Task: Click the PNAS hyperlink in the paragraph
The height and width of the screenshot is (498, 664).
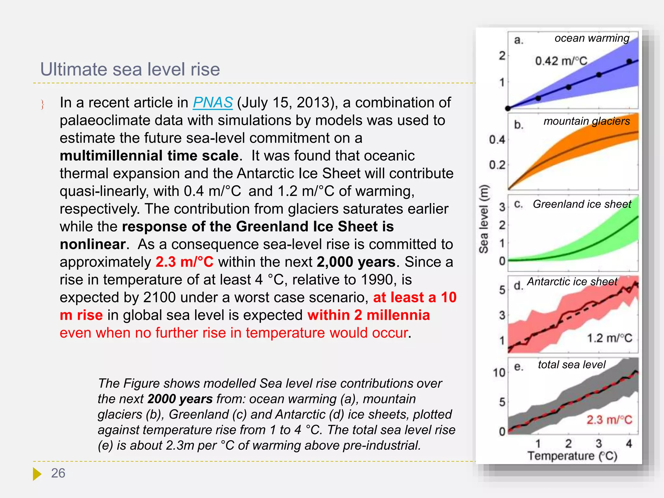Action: [213, 103]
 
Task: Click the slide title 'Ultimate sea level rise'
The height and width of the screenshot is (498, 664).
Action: [130, 69]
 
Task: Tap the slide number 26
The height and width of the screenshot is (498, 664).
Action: [58, 473]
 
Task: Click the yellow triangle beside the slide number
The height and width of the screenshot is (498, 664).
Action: [37, 474]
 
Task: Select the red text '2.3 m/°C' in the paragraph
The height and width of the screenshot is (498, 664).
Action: [184, 262]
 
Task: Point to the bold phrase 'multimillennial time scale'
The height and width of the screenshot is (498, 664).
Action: [149, 156]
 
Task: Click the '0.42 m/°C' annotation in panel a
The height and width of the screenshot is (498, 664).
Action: [561, 61]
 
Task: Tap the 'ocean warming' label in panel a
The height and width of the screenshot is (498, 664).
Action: [592, 38]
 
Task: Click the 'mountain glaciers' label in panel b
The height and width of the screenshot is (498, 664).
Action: [587, 121]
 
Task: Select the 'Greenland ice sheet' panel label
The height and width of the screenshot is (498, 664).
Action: [582, 204]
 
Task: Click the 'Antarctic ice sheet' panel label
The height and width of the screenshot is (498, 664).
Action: [572, 281]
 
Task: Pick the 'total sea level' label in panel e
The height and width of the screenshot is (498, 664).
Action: [572, 365]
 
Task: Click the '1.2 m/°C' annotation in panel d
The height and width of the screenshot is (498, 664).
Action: [610, 338]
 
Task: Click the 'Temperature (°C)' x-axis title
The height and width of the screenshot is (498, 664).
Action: [572, 456]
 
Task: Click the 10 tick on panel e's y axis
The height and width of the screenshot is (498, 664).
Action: [499, 373]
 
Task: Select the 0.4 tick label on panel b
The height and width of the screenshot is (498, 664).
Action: [497, 140]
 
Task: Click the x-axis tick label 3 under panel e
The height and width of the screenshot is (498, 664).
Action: [599, 443]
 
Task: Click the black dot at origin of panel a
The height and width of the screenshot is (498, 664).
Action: [508, 108]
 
